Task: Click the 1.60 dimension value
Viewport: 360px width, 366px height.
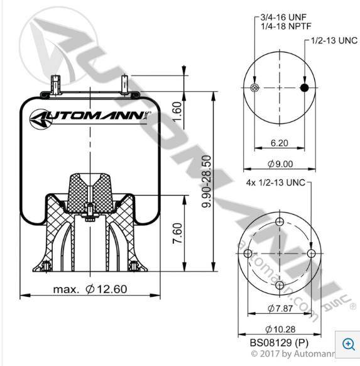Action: pyautogui.click(x=177, y=111)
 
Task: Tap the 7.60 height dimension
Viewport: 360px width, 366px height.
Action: pyautogui.click(x=177, y=233)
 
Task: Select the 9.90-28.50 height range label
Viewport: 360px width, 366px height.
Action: pyautogui.click(x=207, y=181)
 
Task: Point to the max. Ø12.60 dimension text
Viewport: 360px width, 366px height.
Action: pyautogui.click(x=90, y=289)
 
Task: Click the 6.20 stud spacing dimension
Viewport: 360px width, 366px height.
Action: pyautogui.click(x=280, y=143)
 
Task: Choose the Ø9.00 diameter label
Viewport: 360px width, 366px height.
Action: pyautogui.click(x=280, y=164)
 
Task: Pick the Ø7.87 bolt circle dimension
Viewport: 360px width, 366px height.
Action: pyautogui.click(x=280, y=308)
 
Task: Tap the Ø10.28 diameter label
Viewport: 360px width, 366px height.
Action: pyautogui.click(x=280, y=329)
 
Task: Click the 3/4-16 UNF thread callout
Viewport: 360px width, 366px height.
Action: pyautogui.click(x=283, y=17)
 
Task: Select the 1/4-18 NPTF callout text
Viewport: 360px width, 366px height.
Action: pyautogui.click(x=286, y=26)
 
